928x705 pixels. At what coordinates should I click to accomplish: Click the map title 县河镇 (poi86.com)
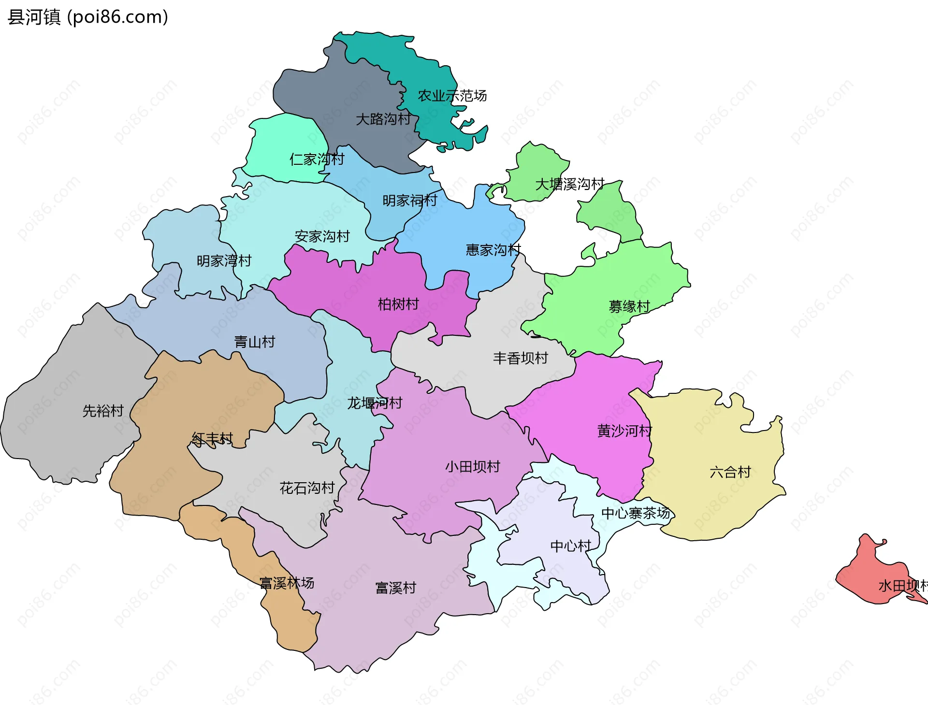[88, 17]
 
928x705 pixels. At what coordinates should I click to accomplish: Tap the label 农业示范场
[452, 96]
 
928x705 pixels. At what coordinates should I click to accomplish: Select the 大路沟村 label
[383, 119]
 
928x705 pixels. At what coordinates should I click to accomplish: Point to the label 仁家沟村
[317, 159]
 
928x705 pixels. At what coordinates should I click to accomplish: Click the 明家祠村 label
[409, 200]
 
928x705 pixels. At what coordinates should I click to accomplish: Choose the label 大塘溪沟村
[569, 184]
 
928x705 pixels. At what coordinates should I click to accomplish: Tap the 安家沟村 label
[322, 236]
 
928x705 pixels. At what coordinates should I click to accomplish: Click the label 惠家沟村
[493, 250]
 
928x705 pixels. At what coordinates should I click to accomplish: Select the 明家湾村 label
[224, 261]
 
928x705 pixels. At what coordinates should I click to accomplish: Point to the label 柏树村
[398, 304]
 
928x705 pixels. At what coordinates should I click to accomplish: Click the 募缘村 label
[629, 306]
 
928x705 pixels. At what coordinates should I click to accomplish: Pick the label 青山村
[254, 342]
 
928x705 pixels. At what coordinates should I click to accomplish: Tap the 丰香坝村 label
[520, 358]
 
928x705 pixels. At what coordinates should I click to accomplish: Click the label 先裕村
[103, 411]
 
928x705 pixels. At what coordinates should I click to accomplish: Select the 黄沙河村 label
[624, 431]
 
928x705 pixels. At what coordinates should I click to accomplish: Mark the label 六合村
[730, 472]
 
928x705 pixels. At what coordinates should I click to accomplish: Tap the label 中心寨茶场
[635, 513]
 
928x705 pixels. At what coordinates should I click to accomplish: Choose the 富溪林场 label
[287, 583]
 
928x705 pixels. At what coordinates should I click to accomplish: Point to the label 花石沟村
[307, 488]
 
